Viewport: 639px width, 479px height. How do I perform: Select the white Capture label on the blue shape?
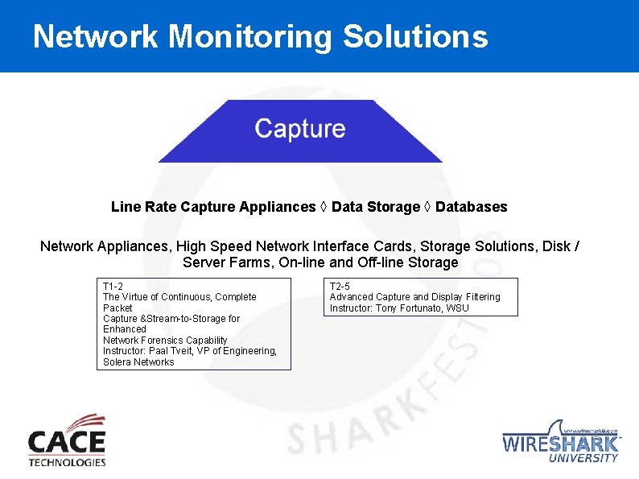point(300,128)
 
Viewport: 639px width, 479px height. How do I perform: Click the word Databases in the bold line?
point(472,207)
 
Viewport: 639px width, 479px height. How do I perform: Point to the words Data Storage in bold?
point(376,207)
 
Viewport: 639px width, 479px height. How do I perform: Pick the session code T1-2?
point(113,287)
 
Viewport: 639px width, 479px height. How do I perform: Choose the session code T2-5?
point(340,287)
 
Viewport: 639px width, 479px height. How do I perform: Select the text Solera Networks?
point(138,362)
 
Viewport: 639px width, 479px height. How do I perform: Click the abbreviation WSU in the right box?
point(457,308)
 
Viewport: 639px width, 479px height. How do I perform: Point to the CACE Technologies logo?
point(67,440)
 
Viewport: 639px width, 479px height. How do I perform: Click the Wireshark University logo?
point(561,441)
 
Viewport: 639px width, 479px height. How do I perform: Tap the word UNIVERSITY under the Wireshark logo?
point(583,457)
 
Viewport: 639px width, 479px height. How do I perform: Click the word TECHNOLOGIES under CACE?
point(67,462)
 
